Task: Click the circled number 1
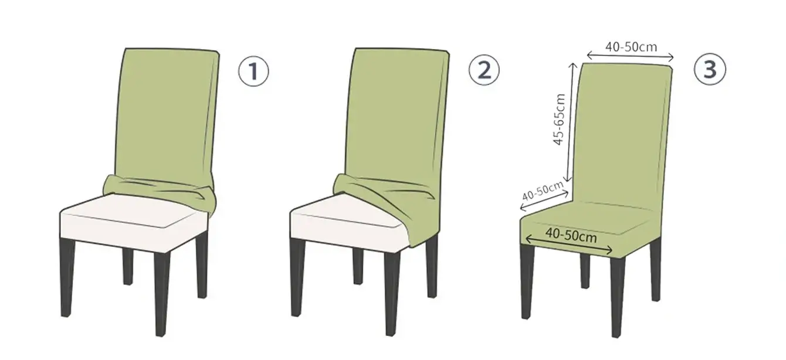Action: point(253,71)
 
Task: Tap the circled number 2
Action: point(484,69)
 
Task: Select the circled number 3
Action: point(710,69)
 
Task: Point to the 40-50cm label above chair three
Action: point(631,47)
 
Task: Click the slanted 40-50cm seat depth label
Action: point(543,191)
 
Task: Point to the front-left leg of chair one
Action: point(67,277)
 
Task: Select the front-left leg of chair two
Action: point(297,277)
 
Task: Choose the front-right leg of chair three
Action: point(618,297)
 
